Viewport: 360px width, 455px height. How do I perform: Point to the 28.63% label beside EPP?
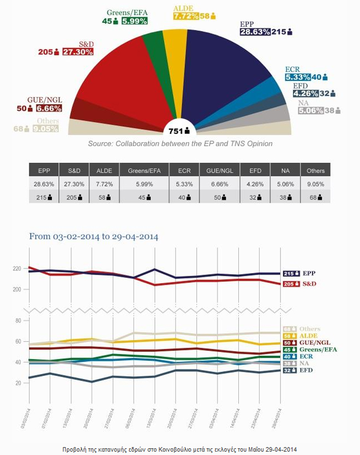pos(255,32)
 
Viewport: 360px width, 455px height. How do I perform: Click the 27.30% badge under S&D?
pos(77,52)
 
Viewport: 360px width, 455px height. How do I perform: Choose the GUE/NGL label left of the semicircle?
pos(47,100)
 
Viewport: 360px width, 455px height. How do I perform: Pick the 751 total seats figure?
pos(177,130)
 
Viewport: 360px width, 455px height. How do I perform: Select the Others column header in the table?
pos(315,171)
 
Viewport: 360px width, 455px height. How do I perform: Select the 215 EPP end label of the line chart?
pos(299,274)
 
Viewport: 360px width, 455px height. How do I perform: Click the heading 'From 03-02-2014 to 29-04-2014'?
pos(93,236)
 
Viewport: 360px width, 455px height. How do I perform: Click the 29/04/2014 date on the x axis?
pos(277,408)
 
